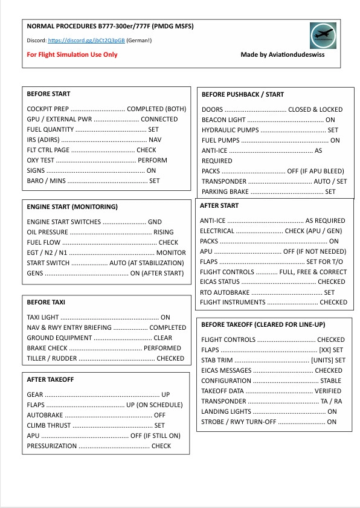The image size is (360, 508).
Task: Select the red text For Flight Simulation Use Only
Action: coord(72,54)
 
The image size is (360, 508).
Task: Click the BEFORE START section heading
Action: coord(48,94)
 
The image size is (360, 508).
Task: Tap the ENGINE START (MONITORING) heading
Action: coord(72,207)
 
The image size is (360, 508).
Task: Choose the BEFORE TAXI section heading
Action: coord(46,301)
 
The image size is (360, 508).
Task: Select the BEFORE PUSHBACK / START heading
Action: coord(242,94)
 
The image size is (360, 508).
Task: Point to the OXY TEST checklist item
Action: coord(40,160)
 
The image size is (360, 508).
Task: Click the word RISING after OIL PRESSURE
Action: coord(164,232)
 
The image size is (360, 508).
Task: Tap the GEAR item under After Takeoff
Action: coord(35,394)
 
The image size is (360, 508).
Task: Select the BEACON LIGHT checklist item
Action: coord(223,120)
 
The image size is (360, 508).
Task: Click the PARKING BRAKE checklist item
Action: coord(225,191)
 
